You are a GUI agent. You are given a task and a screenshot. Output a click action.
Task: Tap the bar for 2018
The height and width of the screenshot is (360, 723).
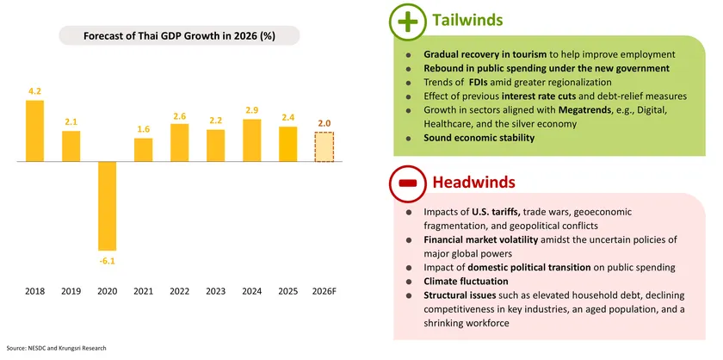34,131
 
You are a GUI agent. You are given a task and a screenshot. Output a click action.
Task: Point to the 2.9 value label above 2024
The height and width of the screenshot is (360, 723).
252,110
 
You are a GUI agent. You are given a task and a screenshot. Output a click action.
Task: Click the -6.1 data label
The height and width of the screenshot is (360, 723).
107,259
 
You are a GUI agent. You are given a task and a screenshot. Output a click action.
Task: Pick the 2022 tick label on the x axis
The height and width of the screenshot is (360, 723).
179,291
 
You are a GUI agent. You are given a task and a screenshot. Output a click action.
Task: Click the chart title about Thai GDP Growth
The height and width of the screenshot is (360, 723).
179,36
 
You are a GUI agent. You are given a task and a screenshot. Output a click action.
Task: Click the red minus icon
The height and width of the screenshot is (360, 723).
409,183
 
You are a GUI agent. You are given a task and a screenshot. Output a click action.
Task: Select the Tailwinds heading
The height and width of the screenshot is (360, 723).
467,20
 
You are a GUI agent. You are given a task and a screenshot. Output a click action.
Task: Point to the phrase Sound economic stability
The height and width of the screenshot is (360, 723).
473,138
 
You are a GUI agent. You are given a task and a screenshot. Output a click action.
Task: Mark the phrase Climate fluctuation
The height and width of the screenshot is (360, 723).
466,282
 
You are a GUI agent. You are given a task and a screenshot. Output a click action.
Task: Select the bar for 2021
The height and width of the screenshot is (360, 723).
143,150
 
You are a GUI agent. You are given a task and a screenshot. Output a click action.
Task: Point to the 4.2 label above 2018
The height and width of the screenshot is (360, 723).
34,90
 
